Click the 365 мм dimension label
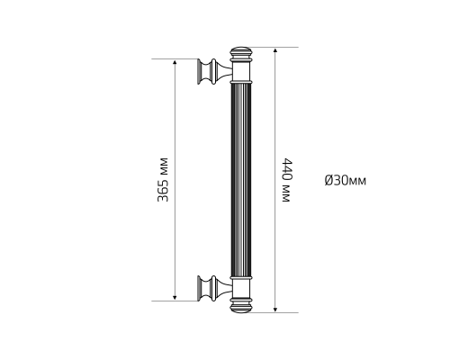(163, 179)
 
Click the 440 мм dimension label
(287, 180)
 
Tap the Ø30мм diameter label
(345, 180)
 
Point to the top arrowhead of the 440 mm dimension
(275, 49)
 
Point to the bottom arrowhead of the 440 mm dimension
(275, 310)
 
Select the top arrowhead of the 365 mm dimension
(175, 61)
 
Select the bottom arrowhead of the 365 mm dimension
(175, 298)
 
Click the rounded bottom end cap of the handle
(240, 306)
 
